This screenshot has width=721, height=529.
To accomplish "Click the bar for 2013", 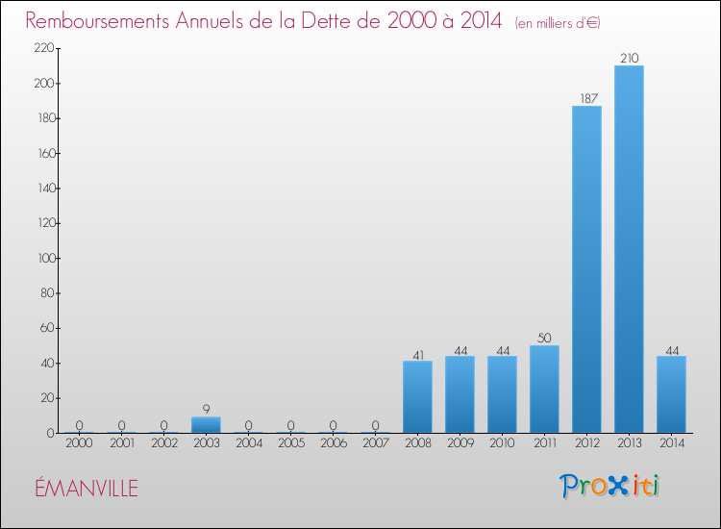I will pos(629,249).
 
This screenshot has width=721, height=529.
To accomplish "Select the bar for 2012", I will pos(586,269).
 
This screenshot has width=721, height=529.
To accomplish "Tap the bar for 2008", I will pos(417,397).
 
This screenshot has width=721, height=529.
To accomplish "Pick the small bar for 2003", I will pos(206,425).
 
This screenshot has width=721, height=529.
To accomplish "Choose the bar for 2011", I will pos(544,390).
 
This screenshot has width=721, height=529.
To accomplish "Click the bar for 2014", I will pos(671,394).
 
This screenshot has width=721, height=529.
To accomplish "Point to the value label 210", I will pos(629,59).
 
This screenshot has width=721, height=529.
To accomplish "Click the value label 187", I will pos(586,99).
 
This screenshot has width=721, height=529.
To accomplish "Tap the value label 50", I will pos(544,339).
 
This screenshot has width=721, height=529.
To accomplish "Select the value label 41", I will pos(417,354).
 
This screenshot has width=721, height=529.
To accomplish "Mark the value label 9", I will pos(206,410).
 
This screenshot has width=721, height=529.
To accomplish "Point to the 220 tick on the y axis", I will pos(43,48).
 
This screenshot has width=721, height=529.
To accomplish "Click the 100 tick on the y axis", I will pos(43,258).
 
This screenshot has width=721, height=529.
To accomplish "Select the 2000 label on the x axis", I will pos(79,444).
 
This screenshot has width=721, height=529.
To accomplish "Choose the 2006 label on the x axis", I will pos(333,444).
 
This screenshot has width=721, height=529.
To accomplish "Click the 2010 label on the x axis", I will pos(502,444).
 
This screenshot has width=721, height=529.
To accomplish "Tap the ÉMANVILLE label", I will pos(87,489).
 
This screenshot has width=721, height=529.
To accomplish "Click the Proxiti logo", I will pos(609,486).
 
